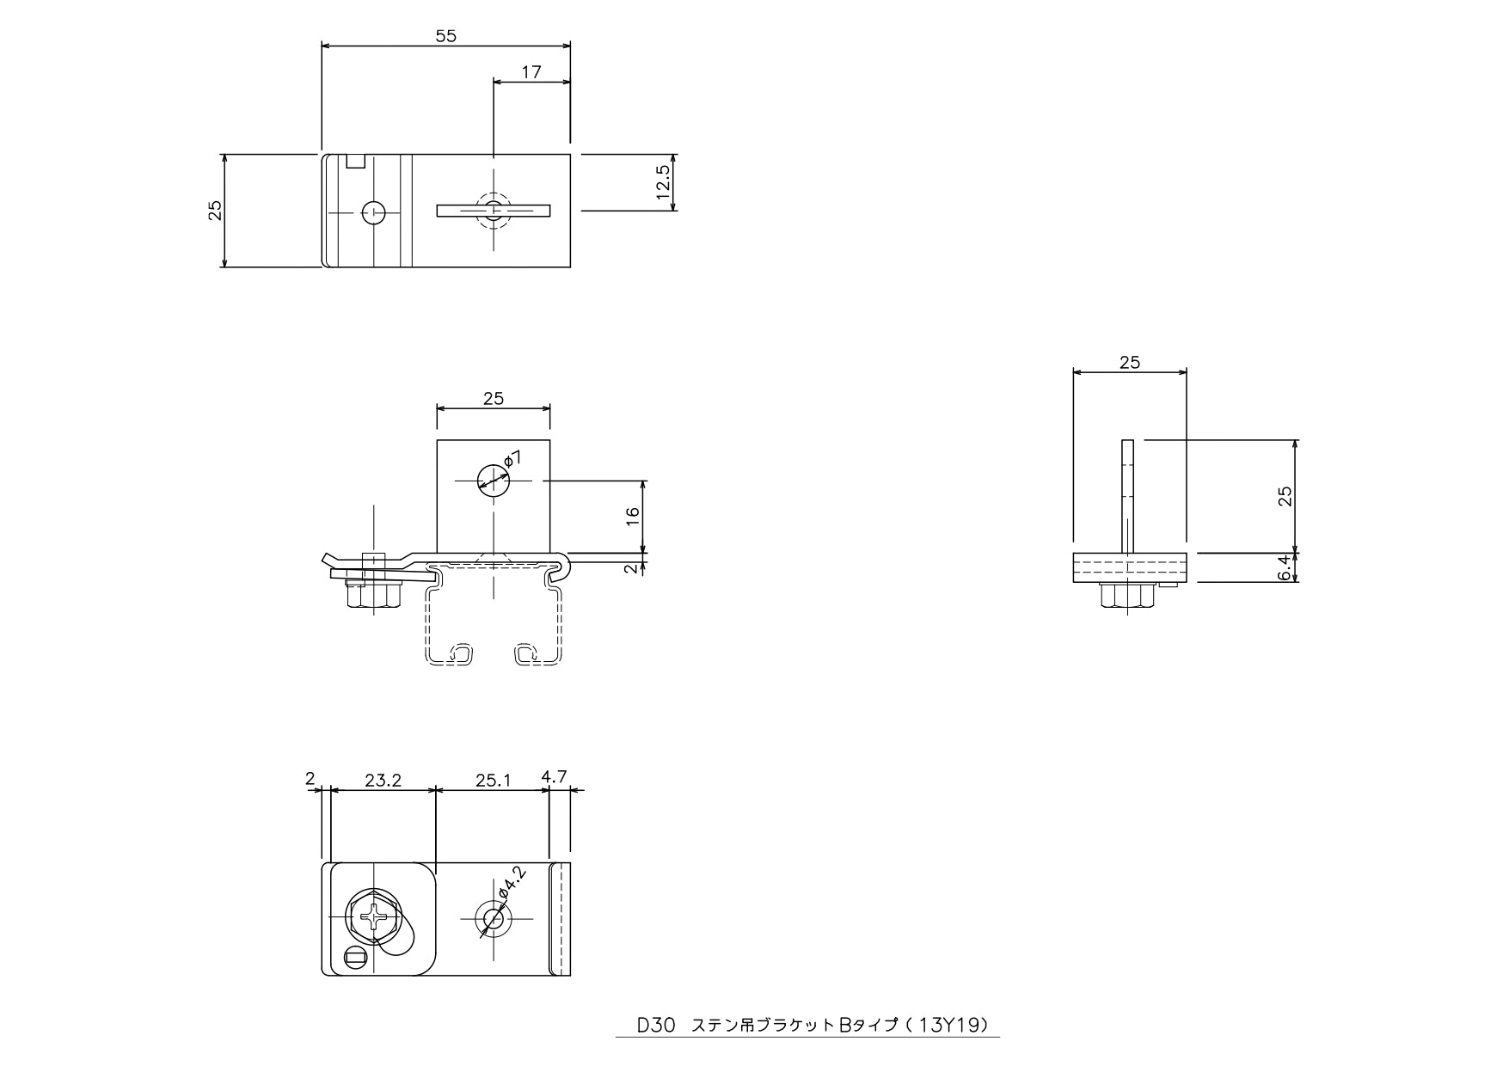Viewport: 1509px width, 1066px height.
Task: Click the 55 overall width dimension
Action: [445, 36]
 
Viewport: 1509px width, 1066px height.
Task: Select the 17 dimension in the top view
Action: [531, 72]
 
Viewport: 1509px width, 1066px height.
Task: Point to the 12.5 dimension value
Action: [663, 182]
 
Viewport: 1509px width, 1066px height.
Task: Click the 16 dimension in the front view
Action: [633, 517]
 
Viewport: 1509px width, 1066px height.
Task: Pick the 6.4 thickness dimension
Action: [1285, 568]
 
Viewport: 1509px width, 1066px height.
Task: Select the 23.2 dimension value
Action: [383, 781]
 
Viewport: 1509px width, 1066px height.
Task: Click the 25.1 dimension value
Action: [493, 781]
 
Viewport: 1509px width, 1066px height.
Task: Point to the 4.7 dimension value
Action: [554, 776]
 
